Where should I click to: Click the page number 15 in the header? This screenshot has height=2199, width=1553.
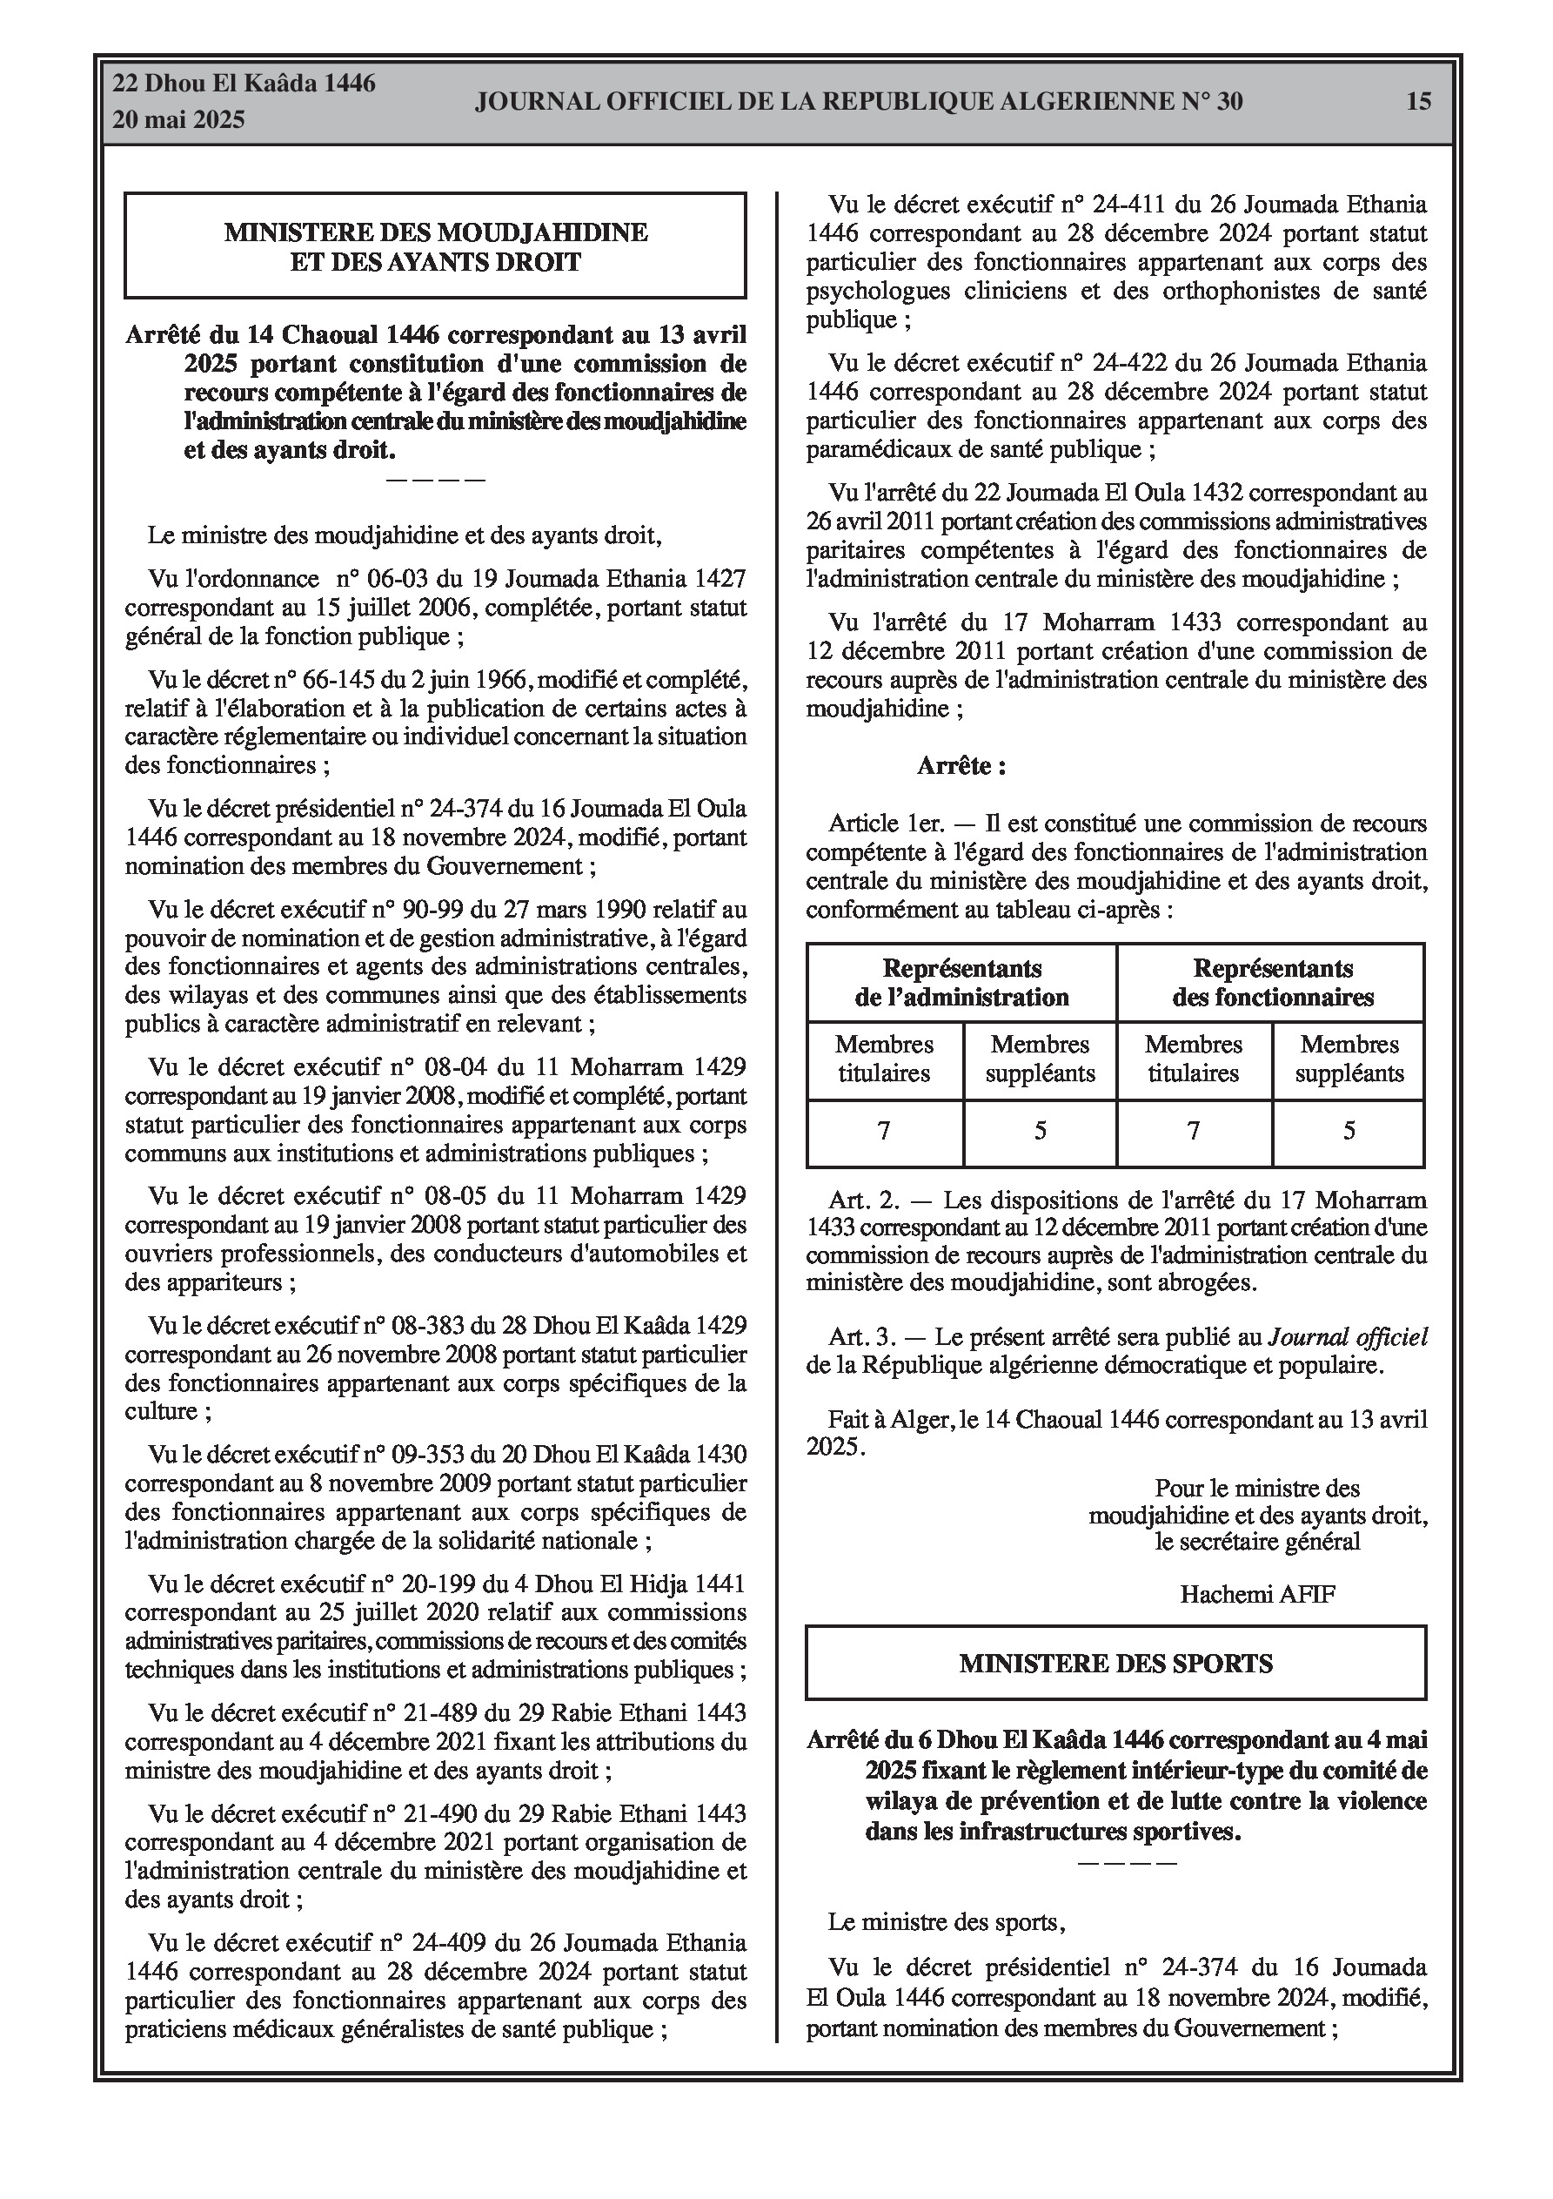click(1419, 102)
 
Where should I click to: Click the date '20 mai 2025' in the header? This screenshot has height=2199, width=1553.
click(178, 120)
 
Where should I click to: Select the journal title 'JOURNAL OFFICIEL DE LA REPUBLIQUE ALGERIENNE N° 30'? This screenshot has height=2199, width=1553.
click(859, 102)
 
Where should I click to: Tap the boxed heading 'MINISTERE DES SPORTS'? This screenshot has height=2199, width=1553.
click(1115, 1664)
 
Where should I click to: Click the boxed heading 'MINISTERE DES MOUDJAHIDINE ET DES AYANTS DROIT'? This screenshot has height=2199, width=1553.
click(436, 247)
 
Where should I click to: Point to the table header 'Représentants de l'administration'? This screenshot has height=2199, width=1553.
click(961, 983)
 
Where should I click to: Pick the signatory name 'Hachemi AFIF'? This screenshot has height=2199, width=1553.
click(1257, 1594)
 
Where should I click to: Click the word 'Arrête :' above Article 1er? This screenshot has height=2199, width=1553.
click(961, 766)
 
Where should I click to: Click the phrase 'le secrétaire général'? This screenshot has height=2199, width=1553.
click(1257, 1542)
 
